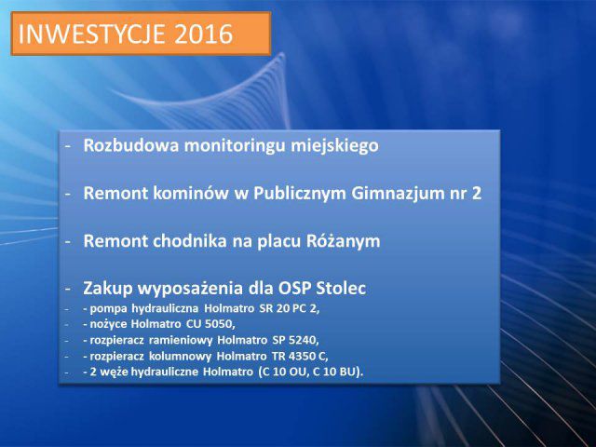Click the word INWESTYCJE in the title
point(91,34)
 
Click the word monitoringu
point(235,146)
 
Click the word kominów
point(191,193)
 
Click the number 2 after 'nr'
point(477,194)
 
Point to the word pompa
point(108,309)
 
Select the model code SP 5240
point(294,339)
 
